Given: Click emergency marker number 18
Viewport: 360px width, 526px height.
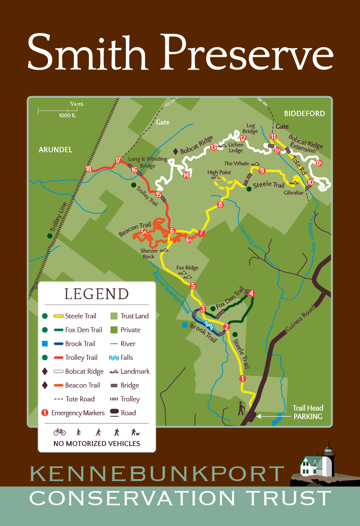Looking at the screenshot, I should coord(88,168).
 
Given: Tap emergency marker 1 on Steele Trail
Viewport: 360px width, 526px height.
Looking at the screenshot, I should coord(242,378).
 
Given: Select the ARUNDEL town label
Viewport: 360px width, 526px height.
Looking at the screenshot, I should coord(55,150).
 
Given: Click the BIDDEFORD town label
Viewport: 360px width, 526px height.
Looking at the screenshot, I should coord(304,113).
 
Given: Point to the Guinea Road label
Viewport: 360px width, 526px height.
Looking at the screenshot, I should coord(300,318).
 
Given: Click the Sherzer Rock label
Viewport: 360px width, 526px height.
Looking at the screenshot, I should coord(149,253).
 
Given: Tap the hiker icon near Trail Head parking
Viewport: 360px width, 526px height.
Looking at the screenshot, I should coord(241,408).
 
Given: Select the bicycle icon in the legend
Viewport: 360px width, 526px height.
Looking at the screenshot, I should coord(60,432).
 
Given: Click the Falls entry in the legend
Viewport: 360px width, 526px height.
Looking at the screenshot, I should coord(122,358).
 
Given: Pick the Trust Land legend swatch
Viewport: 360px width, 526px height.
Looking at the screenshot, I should coord(114,316).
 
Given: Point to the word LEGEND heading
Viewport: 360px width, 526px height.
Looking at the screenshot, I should coord(97,294).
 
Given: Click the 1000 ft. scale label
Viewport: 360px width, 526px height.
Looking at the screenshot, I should coord(67,115).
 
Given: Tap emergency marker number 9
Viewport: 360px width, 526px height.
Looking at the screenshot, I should coord(262,171).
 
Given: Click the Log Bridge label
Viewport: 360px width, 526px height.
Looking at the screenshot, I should coord(250,128).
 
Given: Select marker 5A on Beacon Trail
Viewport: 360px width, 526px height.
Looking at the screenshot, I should coord(143,232).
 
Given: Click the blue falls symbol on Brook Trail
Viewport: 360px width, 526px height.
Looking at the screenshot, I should coord(209,324).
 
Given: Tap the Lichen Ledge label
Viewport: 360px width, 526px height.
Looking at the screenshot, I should coord(236,147).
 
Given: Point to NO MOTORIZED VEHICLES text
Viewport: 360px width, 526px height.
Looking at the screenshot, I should coord(97,443).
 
